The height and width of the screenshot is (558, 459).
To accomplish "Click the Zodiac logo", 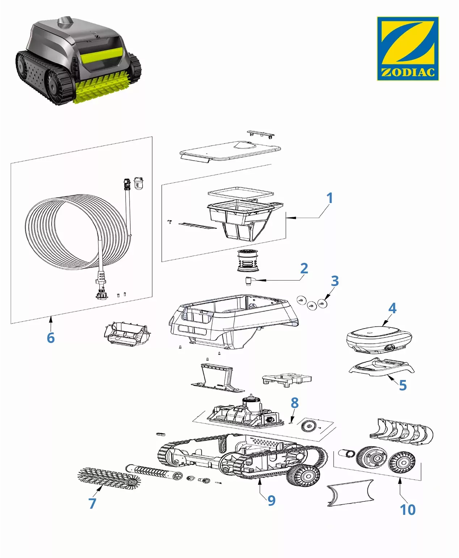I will (x=408, y=48).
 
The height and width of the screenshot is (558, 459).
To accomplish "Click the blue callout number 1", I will (x=329, y=198).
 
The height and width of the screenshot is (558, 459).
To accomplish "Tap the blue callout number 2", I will (x=304, y=269).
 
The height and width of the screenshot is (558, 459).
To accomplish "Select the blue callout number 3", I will (x=335, y=281).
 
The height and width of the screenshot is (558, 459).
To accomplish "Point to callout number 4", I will (x=392, y=309).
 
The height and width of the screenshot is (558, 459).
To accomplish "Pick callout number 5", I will (x=403, y=385).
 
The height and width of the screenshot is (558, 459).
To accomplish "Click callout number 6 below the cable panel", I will (x=51, y=338).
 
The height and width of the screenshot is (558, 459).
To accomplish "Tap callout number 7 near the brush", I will (x=92, y=503).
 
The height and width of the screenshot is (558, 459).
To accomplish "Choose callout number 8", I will (x=295, y=403).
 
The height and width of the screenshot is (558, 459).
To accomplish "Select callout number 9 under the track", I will (x=271, y=501).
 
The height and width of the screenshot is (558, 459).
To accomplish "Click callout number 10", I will (x=408, y=510).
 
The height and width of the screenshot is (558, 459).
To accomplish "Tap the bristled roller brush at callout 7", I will (x=109, y=479).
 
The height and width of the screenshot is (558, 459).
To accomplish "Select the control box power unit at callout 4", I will (x=378, y=339).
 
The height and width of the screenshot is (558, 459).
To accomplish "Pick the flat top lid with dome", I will (x=230, y=150).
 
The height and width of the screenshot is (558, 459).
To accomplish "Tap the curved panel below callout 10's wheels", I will (x=349, y=492).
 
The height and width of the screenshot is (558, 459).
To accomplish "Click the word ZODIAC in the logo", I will (x=408, y=72).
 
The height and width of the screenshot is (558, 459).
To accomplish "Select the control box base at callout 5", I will (x=382, y=367).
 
